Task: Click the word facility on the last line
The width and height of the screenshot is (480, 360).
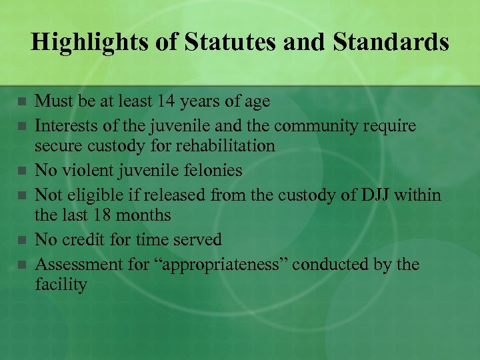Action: click(61, 285)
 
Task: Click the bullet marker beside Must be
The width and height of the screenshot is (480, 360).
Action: click(21, 102)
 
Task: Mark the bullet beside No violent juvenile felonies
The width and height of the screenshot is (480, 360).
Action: click(21, 171)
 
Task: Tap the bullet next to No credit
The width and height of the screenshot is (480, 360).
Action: click(21, 240)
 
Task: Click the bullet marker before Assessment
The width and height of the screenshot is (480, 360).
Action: click(21, 265)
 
